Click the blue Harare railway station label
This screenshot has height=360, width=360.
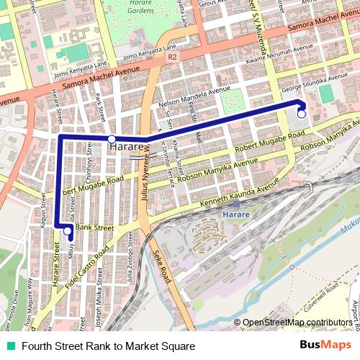click(x=235, y=215)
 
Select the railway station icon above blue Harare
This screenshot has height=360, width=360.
click(x=235, y=204)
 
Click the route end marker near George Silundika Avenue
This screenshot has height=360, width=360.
click(x=301, y=114)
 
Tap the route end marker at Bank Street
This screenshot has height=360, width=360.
click(x=68, y=231)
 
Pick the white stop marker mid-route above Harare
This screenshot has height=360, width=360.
click(x=112, y=138)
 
